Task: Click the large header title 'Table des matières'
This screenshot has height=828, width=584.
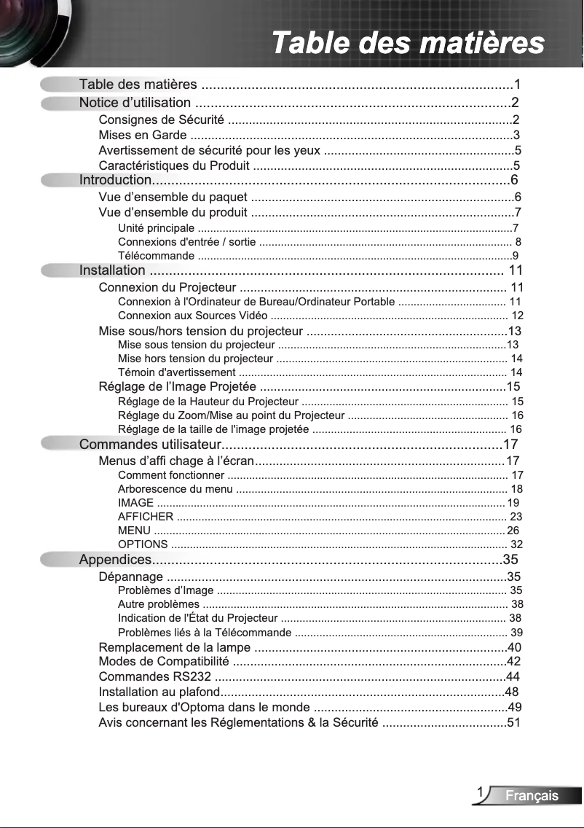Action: [408, 42]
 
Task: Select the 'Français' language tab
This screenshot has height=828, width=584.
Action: [532, 796]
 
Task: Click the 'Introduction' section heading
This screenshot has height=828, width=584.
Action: [115, 180]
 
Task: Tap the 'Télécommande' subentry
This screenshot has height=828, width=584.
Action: [156, 256]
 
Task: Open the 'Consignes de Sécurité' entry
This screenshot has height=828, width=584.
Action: [161, 120]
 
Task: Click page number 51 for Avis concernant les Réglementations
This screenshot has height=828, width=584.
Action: [513, 723]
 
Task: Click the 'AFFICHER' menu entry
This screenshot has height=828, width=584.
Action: [145, 517]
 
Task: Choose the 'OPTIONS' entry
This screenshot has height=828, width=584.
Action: [143, 544]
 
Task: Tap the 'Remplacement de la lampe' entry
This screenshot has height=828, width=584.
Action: [175, 647]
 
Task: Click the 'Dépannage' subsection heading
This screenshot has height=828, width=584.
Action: [130, 577]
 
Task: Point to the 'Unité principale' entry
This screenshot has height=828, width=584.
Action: [156, 228]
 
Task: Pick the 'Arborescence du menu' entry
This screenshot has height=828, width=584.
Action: [175, 489]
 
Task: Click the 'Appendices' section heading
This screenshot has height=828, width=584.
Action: [115, 560]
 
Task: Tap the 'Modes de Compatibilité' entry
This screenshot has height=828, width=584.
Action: [164, 662]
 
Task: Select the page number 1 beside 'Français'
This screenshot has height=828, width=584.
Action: [481, 792]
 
